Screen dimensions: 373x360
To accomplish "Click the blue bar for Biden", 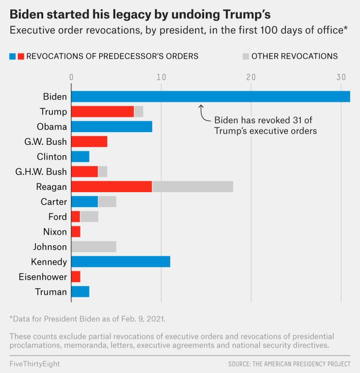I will coord(210,97).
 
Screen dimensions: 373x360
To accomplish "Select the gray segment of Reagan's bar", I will coord(192,187).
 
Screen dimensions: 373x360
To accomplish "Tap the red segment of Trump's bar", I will coord(102,111).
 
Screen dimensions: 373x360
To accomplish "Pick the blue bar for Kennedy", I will coord(120,262).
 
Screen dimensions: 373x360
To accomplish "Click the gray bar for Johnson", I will coord(94,247).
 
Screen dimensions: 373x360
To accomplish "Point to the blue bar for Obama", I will coord(112,126).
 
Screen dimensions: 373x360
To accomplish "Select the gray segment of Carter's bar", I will coord(107,202).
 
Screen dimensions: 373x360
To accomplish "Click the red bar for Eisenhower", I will coord(76,277).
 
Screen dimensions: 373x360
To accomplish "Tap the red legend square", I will coord(21,56).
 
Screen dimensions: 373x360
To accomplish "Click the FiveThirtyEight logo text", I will coord(34,364).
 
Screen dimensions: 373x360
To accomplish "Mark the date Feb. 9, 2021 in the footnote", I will coord(140,319).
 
